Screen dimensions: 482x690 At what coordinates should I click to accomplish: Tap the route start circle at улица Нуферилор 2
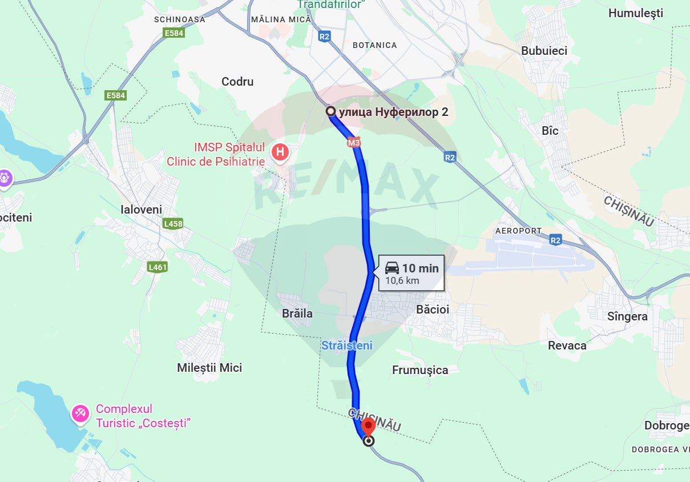330,111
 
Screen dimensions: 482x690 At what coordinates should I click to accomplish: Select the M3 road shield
354,143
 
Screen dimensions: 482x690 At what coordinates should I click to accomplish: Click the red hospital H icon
280,152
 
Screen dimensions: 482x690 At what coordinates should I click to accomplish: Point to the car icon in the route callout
392,268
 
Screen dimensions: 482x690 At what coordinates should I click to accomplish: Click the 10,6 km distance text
402,280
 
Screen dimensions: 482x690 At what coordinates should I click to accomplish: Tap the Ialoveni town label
142,210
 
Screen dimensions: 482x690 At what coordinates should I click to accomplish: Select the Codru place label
237,82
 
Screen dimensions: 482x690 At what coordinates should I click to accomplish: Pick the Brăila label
297,314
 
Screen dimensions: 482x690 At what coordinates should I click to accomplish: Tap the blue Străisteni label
346,346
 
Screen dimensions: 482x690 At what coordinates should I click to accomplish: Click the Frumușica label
420,370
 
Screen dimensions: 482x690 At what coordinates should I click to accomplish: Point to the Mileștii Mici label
209,368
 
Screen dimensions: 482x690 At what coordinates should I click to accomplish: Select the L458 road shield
173,224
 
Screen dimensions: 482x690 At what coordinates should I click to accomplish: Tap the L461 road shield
157,267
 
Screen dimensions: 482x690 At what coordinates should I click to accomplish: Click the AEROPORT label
518,231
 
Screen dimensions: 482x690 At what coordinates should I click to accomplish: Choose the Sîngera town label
627,316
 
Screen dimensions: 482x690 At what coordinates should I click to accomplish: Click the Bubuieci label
544,51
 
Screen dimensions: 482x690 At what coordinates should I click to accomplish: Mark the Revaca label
567,346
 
